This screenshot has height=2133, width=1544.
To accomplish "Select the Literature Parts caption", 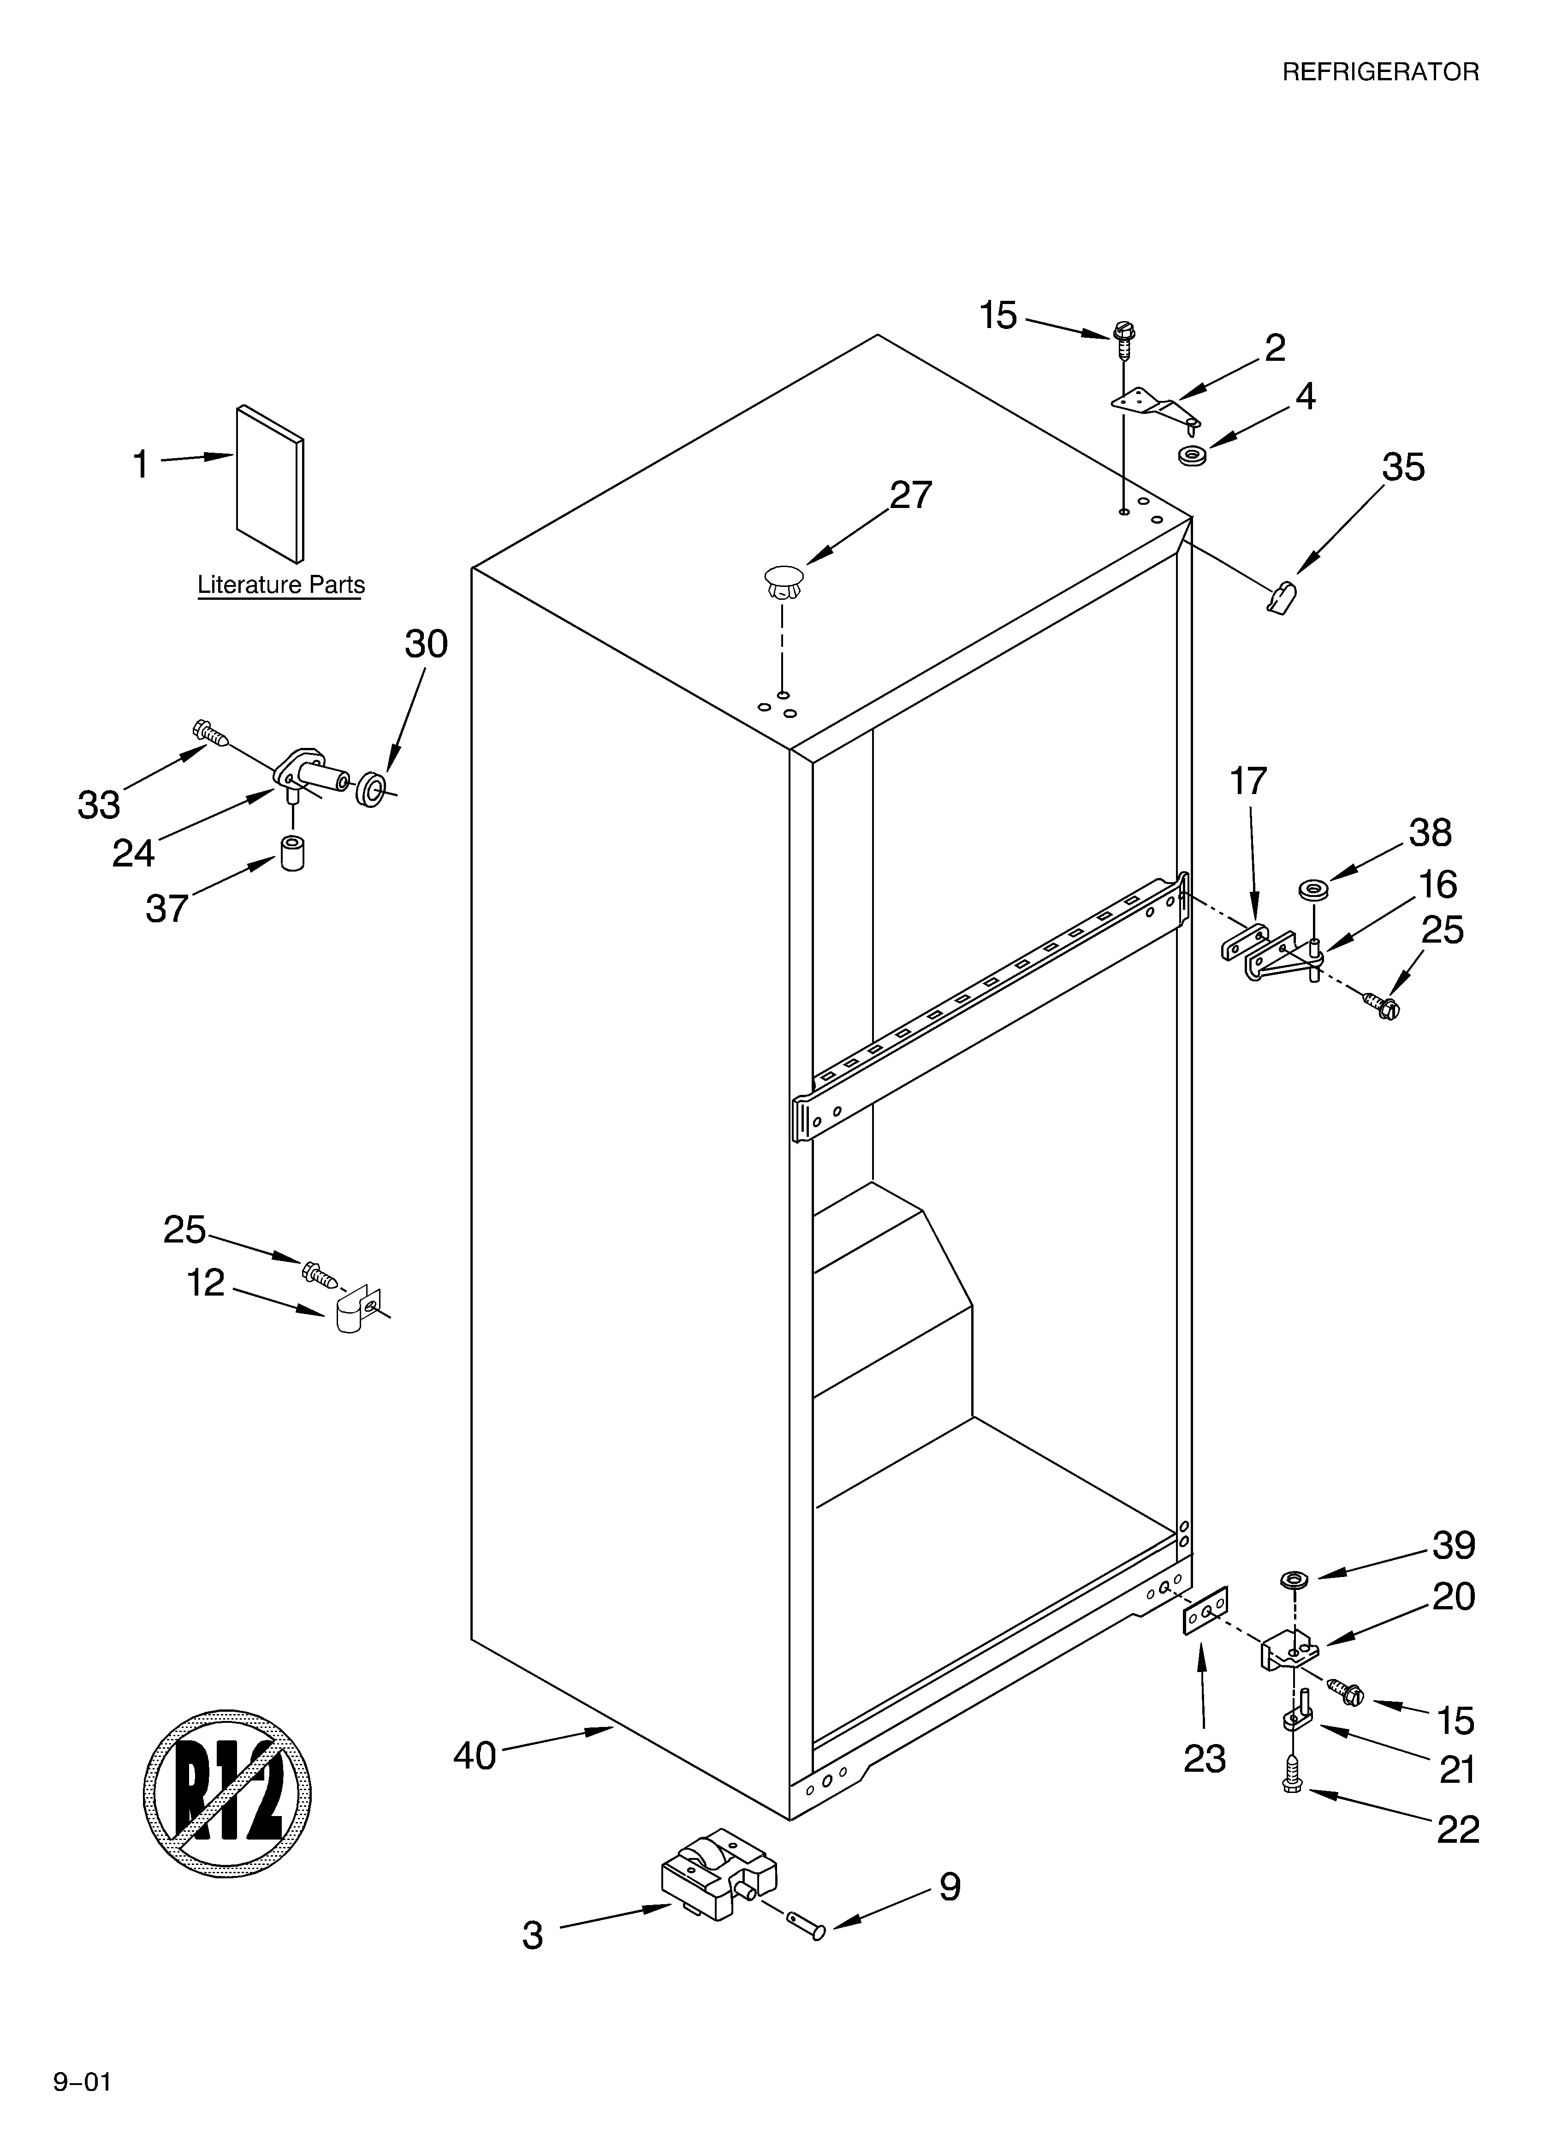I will (x=280, y=585).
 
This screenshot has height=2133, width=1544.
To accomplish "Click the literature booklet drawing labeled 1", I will (x=270, y=482).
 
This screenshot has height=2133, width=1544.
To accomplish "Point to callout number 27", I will (x=910, y=495).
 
